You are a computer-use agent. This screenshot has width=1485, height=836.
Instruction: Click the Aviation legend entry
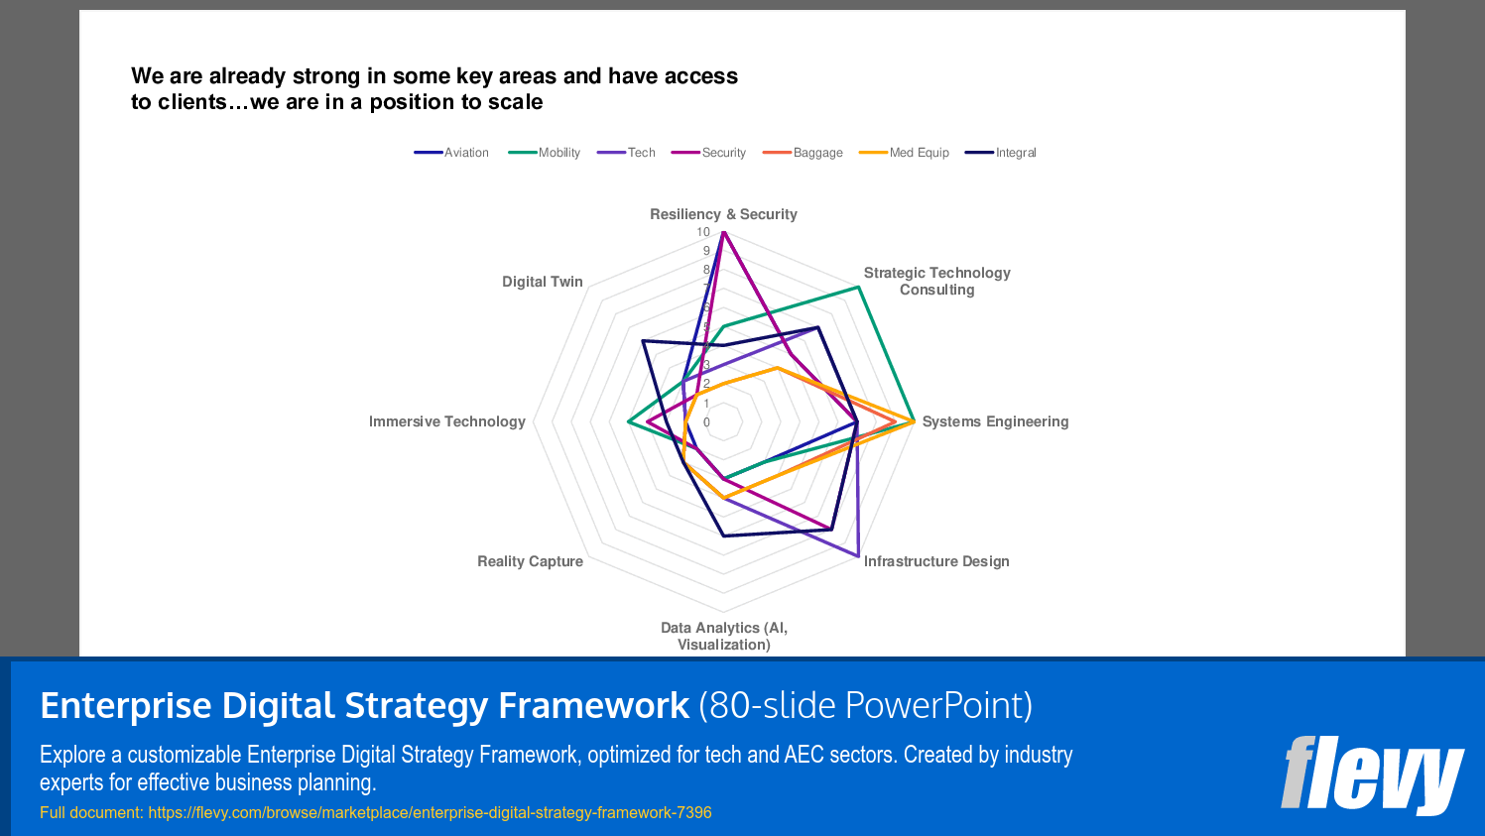[x=451, y=153]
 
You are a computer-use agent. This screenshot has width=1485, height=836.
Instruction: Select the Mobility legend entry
[x=545, y=153]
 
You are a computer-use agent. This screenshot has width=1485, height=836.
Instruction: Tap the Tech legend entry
[x=627, y=153]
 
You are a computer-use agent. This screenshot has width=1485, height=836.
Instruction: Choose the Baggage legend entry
[x=803, y=153]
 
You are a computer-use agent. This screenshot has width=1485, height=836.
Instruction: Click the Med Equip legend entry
[x=904, y=153]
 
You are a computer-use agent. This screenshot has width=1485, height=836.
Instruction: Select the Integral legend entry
[x=1001, y=153]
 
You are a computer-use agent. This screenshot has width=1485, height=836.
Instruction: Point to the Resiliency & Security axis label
[x=723, y=214]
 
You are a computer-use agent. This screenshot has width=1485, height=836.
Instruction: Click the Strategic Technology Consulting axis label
[x=936, y=281]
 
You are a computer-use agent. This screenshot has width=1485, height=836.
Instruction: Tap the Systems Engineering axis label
[x=995, y=421]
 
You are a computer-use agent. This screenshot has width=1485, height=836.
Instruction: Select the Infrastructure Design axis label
[x=936, y=561]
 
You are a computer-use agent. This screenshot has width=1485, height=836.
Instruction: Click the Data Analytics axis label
[x=724, y=636]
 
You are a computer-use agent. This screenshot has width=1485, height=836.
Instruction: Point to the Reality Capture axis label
[x=530, y=561]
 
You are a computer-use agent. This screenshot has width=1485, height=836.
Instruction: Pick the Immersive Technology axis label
[x=446, y=421]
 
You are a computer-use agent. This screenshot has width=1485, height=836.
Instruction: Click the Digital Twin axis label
[x=542, y=282]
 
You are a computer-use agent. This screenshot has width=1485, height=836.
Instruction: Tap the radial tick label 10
[x=702, y=232]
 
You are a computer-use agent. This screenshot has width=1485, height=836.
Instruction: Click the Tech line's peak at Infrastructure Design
[x=858, y=555]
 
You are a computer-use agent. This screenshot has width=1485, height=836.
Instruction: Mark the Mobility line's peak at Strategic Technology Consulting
[x=858, y=288]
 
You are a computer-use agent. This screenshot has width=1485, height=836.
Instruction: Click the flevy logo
[x=1372, y=774]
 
